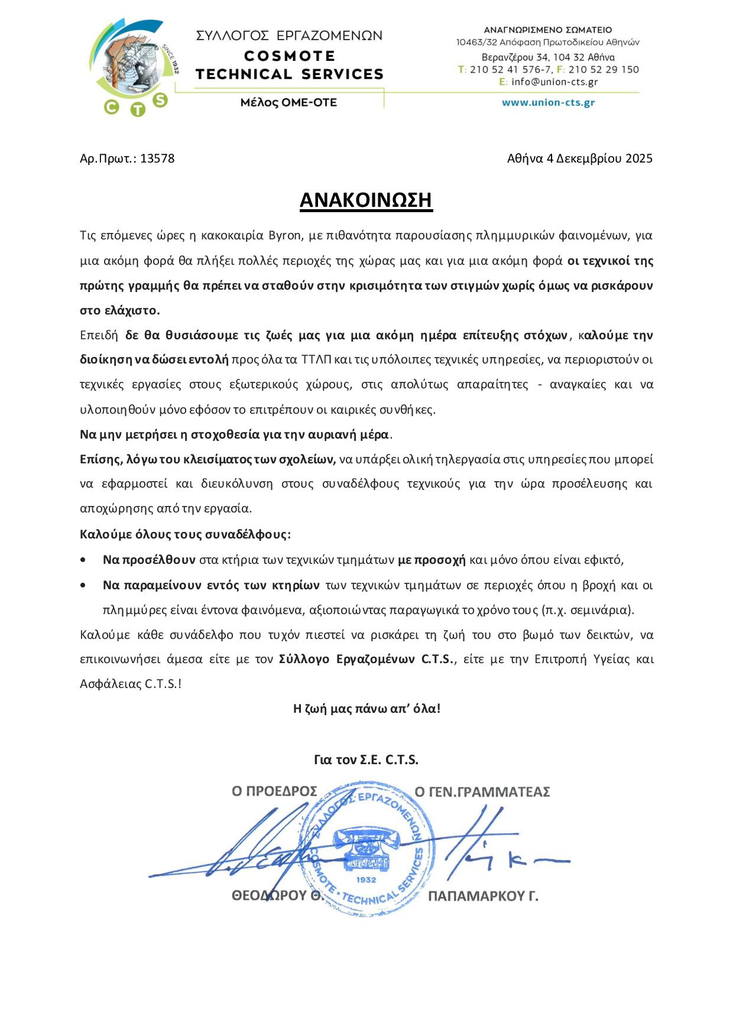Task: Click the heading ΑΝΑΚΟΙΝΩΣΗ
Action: point(366,200)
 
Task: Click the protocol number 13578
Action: point(157,158)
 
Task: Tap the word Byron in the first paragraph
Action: point(286,236)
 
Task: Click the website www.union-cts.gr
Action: point(548,102)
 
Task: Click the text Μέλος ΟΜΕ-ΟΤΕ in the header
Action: point(288,102)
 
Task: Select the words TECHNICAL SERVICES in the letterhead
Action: point(289,74)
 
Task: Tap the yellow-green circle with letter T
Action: point(137,109)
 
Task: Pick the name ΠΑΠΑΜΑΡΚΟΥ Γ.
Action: point(482,896)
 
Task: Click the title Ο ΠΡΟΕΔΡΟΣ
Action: point(274,791)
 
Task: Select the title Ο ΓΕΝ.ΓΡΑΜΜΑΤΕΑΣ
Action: point(482,791)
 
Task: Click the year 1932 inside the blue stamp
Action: point(367,879)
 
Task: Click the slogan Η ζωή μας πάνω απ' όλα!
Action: point(367,708)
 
